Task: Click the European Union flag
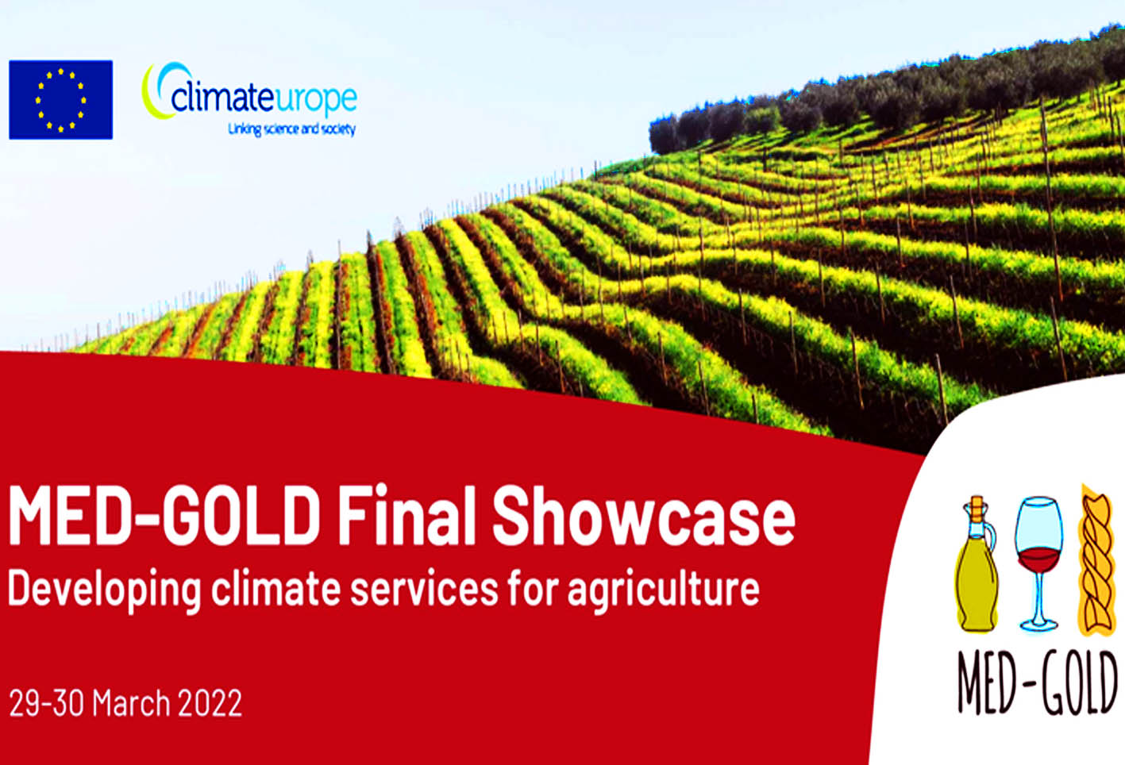(61, 100)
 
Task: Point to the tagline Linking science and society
(292, 129)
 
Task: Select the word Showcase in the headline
(643, 516)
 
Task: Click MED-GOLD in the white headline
(164, 516)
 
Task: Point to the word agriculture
(663, 591)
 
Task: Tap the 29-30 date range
(46, 703)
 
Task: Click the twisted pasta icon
(1097, 559)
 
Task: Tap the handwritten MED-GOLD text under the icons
(1038, 682)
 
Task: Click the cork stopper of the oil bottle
(977, 508)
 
